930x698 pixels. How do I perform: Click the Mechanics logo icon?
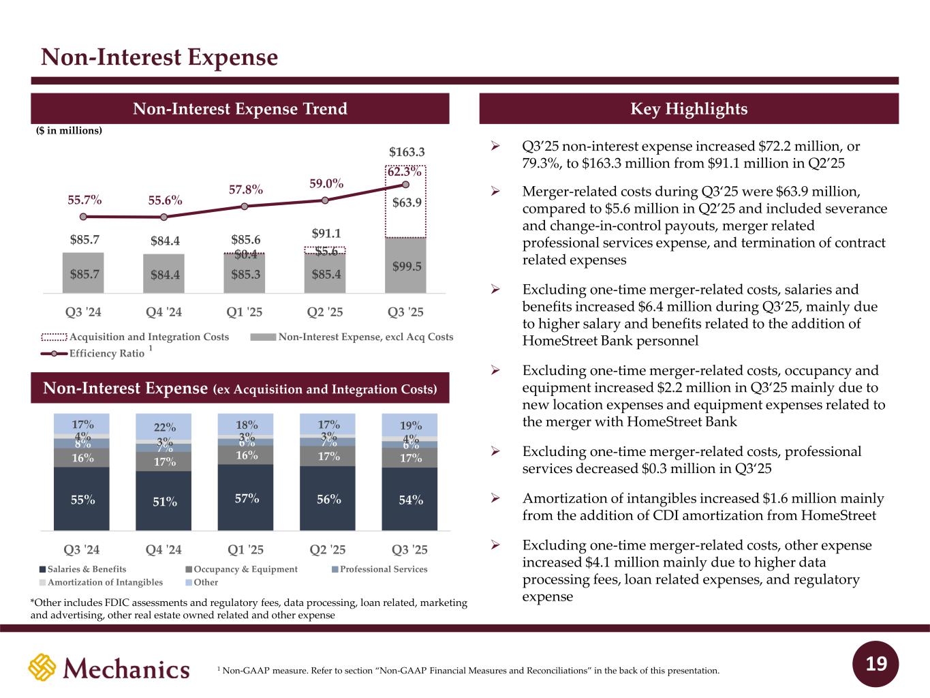point(42,667)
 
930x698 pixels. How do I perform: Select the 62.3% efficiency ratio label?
point(404,172)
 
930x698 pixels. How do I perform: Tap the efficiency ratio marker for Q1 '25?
point(245,206)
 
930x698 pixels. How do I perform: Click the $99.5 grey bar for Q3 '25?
point(407,265)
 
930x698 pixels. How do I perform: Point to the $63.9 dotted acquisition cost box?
point(406,202)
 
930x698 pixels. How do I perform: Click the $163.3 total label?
point(407,151)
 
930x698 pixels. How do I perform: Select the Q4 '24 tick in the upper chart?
point(164,312)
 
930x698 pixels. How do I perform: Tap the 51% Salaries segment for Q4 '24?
point(164,501)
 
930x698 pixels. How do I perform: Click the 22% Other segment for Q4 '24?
point(164,427)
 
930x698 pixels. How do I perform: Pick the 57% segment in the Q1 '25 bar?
point(246,498)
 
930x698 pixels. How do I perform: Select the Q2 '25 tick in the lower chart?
point(327,549)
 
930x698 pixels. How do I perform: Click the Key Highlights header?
point(689,109)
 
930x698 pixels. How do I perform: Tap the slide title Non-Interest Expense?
point(159,57)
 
